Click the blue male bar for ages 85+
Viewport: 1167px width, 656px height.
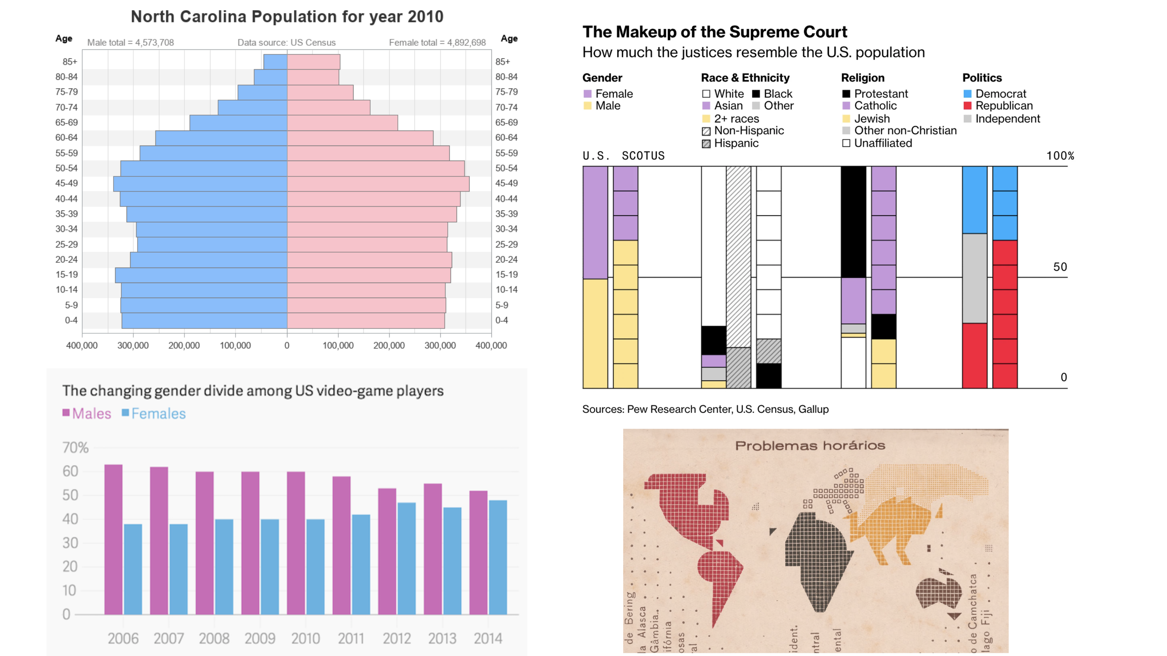point(275,62)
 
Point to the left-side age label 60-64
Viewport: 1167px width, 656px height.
point(67,138)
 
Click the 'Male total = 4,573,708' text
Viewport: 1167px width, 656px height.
point(131,43)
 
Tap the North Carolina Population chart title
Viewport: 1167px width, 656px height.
point(287,17)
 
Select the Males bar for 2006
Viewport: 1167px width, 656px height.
point(113,539)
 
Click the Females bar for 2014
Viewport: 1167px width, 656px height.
point(498,557)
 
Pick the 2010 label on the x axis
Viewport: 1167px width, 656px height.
point(305,638)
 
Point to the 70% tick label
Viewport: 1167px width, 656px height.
point(75,448)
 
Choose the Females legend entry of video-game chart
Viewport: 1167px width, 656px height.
point(154,414)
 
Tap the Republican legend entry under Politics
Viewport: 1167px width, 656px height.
point(1004,105)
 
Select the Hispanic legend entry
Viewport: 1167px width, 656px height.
point(736,143)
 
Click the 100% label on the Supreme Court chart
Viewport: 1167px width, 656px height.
point(1060,156)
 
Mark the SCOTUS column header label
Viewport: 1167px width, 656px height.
point(643,156)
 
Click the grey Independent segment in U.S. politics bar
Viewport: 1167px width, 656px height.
point(974,278)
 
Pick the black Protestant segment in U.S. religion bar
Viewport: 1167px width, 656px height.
point(854,222)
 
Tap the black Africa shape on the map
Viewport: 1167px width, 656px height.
point(815,557)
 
